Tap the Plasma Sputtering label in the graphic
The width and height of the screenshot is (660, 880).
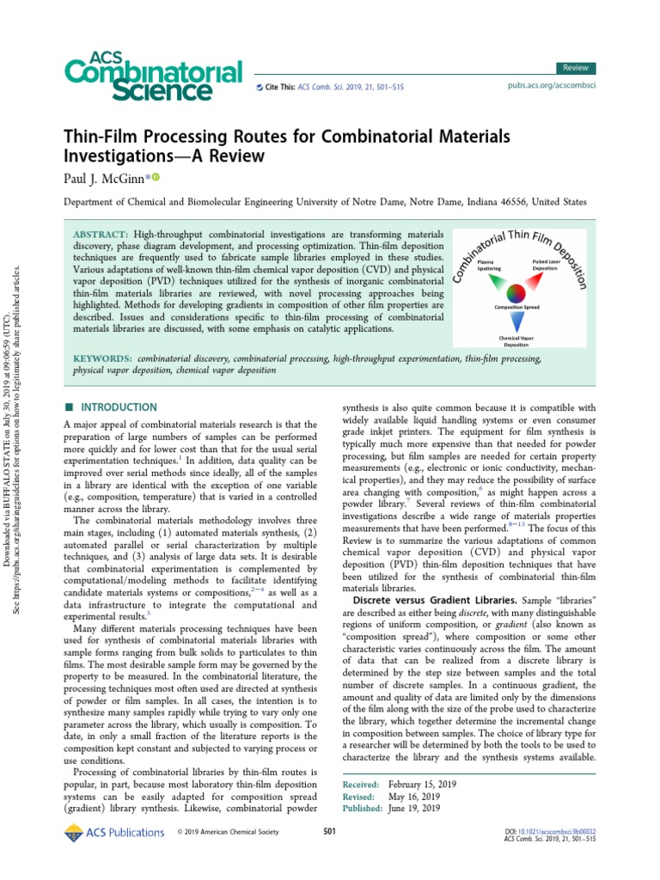pos(486,264)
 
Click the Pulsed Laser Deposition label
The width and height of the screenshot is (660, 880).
pos(544,264)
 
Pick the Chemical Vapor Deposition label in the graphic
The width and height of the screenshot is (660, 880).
pos(516,341)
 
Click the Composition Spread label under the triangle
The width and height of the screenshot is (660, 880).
pos(516,307)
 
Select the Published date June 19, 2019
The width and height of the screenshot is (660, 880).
pos(414,809)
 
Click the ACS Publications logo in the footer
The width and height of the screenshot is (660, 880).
pos(114,832)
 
